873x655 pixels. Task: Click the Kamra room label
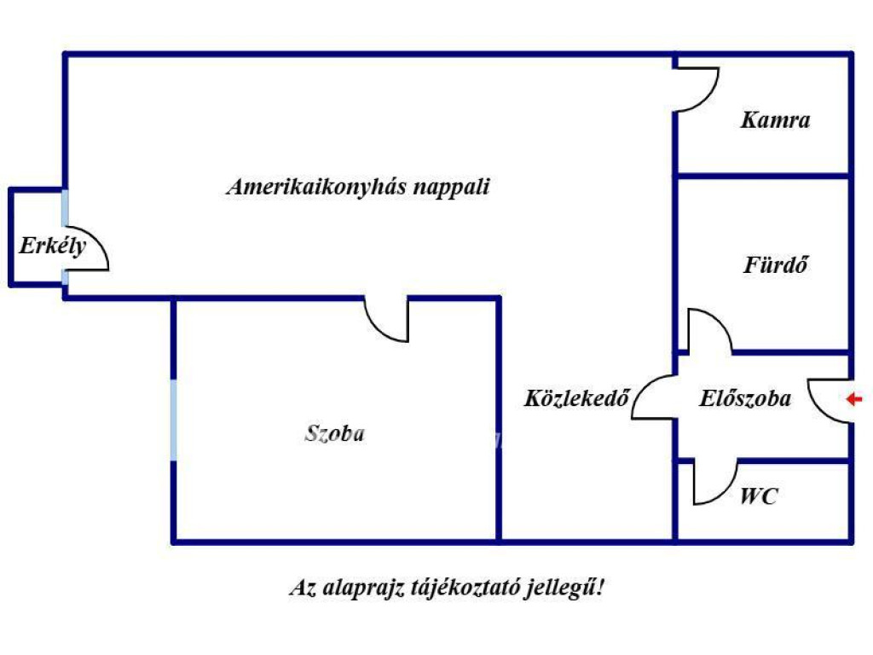click(775, 119)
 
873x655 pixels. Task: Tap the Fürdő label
click(776, 264)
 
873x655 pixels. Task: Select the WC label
click(758, 496)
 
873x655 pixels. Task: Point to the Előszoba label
click(745, 397)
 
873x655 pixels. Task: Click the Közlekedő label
click(577, 397)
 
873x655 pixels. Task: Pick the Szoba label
click(334, 432)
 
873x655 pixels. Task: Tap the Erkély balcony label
click(53, 246)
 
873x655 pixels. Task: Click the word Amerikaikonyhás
click(316, 187)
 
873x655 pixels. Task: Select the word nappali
click(452, 187)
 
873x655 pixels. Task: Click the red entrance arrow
click(854, 399)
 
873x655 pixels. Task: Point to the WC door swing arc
click(725, 494)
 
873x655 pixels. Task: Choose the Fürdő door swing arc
click(720, 322)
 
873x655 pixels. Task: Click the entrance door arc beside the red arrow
click(820, 410)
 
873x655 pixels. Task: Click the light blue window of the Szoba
click(174, 420)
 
